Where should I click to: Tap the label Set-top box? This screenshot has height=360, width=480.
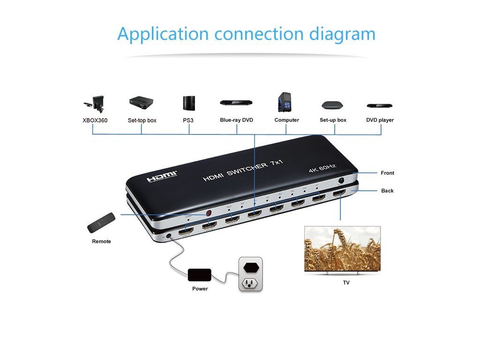pos(142,120)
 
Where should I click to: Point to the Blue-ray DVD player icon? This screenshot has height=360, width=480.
pos(236,102)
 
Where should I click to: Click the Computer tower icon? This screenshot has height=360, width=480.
pos(285,102)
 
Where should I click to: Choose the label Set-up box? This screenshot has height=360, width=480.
pos(333,120)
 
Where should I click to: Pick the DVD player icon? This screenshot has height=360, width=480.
pos(379,106)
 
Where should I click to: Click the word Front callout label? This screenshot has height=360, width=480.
pos(387,173)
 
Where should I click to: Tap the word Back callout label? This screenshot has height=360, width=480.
pos(387,191)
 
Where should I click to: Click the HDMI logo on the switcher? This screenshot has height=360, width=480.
pos(162,177)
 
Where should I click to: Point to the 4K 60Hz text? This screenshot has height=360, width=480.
pos(322,167)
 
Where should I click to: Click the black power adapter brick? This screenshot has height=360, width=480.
pos(200,275)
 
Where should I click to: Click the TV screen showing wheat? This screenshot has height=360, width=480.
pos(342,248)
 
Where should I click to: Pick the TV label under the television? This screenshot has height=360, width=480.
pos(346,283)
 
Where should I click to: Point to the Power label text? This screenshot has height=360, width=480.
pos(200,289)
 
